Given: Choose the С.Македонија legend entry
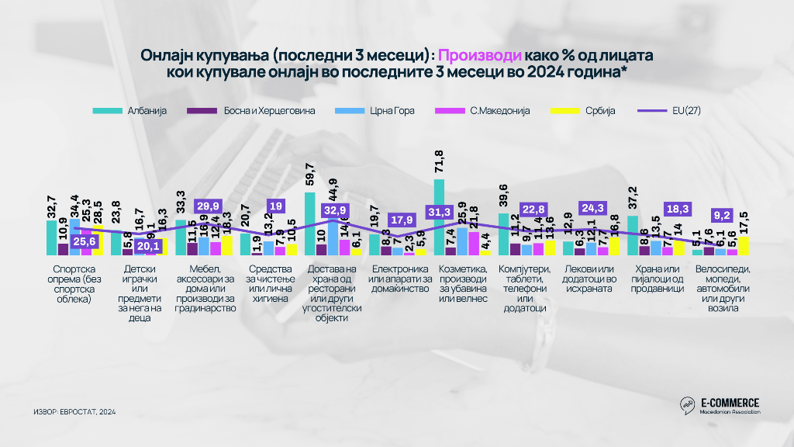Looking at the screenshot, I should pyautogui.click(x=488, y=111).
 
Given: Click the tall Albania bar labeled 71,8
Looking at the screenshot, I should pyautogui.click(x=439, y=217).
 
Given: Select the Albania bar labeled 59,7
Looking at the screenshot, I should pyautogui.click(x=310, y=223).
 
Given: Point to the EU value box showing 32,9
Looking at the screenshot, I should pyautogui.click(x=335, y=211).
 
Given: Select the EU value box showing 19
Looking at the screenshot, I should pyautogui.click(x=274, y=206).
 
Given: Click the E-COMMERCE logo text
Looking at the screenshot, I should pyautogui.click(x=729, y=402).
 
